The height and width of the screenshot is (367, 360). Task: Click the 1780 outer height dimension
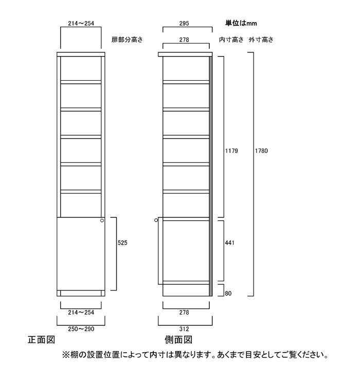(x=261, y=151)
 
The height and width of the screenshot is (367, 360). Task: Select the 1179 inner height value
(x=231, y=151)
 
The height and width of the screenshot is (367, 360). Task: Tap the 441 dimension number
(x=229, y=243)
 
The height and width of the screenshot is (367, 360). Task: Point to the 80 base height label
(x=228, y=293)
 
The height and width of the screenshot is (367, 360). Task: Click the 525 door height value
(x=122, y=243)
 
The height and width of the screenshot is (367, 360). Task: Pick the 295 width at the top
(x=184, y=24)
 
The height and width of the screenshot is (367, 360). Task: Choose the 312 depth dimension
(x=184, y=329)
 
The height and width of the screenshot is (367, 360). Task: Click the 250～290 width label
(x=81, y=329)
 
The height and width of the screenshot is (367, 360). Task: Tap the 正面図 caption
(x=41, y=340)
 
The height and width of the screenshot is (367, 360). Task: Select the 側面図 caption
(x=178, y=340)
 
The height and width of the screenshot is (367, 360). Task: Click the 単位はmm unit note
(x=241, y=23)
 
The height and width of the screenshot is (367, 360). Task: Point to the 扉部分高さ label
(x=127, y=40)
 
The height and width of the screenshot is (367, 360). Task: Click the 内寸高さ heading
(x=231, y=40)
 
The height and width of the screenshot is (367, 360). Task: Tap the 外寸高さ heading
(x=261, y=40)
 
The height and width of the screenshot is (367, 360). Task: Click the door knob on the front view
(x=102, y=221)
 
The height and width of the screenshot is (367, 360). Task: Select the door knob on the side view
(x=156, y=220)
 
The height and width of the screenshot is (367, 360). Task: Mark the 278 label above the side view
(x=184, y=40)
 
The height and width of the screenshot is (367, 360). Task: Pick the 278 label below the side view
(x=184, y=312)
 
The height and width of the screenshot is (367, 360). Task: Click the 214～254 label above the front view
(x=81, y=24)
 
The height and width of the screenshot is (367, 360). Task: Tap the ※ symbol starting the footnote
(x=66, y=355)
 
